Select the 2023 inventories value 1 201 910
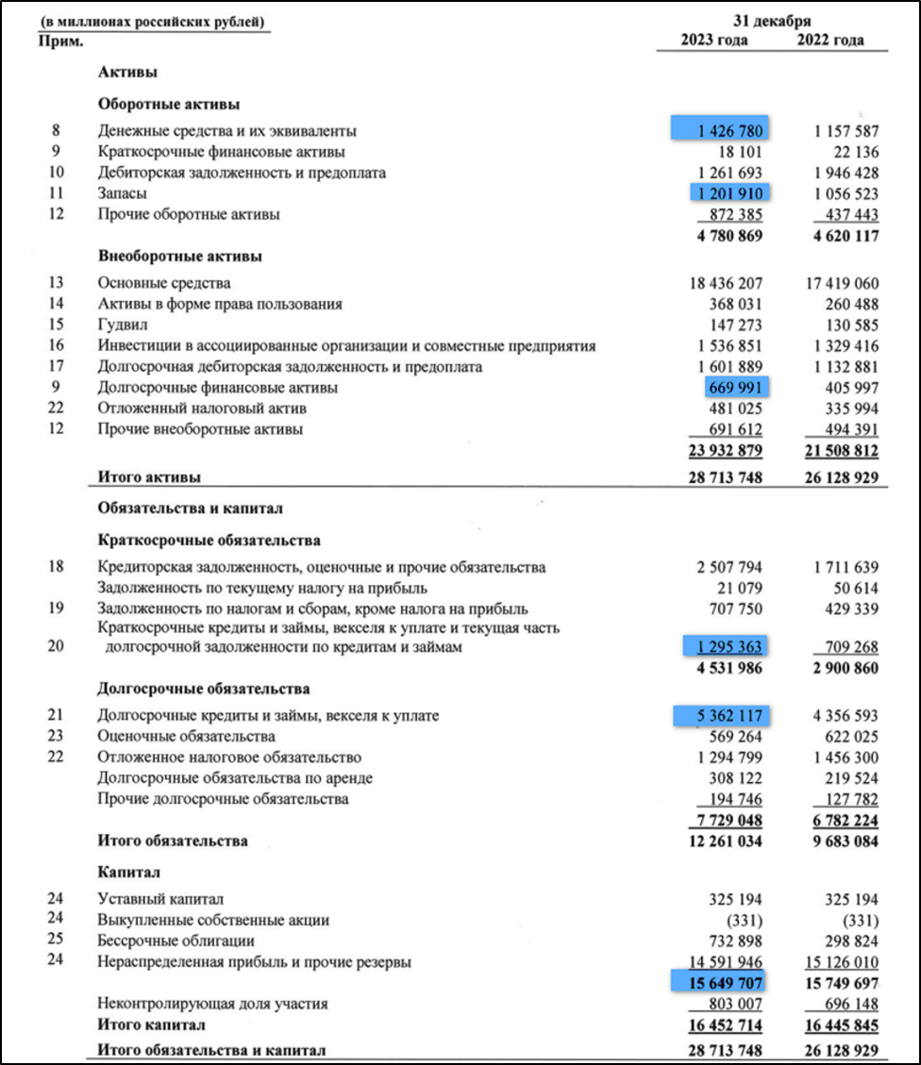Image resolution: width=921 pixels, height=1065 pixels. [x=728, y=193]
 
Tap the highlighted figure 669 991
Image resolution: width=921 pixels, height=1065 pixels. [x=735, y=387]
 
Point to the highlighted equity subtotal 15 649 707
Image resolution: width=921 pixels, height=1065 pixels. [x=718, y=982]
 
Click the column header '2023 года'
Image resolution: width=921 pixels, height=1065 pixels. [x=714, y=41]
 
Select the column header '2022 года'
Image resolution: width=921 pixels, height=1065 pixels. [x=830, y=41]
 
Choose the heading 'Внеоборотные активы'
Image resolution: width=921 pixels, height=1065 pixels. [x=179, y=256]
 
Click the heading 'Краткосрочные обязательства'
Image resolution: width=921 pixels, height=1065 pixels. [x=209, y=541]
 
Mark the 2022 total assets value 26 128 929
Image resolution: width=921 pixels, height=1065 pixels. [x=831, y=478]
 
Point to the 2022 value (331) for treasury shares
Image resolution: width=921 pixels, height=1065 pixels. [x=857, y=920]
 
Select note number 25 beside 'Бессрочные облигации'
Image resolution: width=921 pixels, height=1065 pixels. [x=56, y=940]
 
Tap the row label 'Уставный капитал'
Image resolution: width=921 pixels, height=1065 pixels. [x=160, y=899]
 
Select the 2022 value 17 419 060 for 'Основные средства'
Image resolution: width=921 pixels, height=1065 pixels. [x=831, y=283]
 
